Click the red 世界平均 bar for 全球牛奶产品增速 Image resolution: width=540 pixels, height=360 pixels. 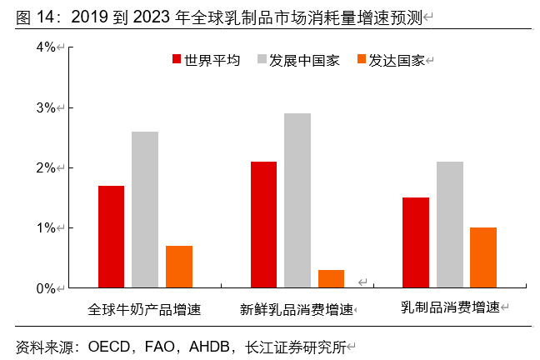[111, 237]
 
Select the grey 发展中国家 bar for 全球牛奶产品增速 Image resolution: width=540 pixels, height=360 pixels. [145, 209]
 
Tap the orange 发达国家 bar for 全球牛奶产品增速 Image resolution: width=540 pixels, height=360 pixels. [178, 267]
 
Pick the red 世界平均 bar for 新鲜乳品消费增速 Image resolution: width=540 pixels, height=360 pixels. [263, 225]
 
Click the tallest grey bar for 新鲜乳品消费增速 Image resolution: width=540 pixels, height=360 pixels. [297, 201]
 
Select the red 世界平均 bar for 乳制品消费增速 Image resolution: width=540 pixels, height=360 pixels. [416, 242]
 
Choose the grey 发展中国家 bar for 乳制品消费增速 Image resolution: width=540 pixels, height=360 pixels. [450, 225]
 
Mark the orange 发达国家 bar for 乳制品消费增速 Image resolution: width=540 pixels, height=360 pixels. [483, 257]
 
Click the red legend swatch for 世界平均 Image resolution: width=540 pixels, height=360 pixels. [177, 60]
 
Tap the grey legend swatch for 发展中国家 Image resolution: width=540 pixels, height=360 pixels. [262, 60]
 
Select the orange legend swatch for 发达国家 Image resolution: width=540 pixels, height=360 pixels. [361, 60]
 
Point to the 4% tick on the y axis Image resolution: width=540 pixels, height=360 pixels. [47, 47]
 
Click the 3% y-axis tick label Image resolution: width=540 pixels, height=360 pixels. [47, 107]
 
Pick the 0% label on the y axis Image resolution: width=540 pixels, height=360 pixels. [47, 288]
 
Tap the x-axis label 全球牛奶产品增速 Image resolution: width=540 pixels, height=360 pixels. [145, 309]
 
